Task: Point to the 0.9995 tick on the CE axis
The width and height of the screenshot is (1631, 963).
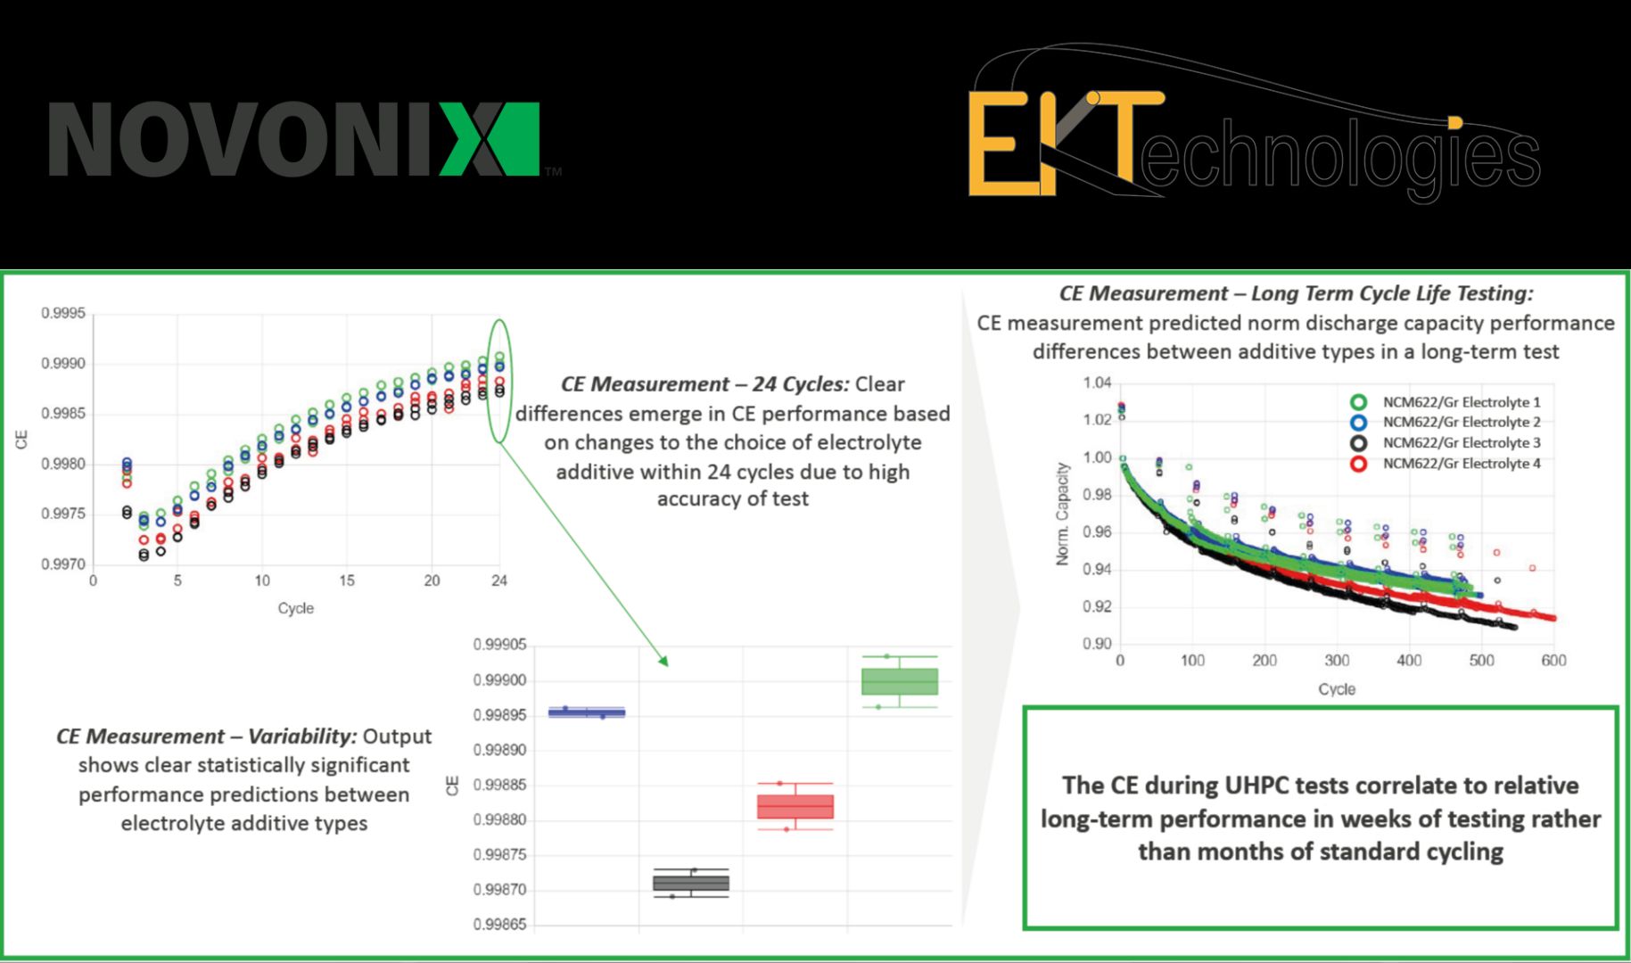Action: coord(63,314)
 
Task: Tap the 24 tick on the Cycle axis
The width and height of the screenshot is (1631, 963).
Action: coord(498,580)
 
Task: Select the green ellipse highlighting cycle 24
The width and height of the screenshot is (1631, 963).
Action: coord(499,381)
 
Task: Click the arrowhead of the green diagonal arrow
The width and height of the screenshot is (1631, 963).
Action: coord(664,662)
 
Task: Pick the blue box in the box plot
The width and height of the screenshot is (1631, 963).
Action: coord(586,712)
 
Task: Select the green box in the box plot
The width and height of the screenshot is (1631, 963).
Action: coord(900,682)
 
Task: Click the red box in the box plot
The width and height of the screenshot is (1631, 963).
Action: coord(795,807)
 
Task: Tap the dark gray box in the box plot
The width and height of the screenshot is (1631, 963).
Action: coord(691,883)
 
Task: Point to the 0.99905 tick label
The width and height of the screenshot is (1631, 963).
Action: coord(499,645)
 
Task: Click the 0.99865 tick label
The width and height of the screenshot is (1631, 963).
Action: coord(499,925)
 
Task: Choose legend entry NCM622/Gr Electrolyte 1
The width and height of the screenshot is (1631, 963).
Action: coord(1461,402)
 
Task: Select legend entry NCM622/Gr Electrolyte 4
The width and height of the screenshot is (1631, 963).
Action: coord(1461,464)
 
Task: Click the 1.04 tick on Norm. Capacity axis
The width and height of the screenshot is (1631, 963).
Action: coord(1097,383)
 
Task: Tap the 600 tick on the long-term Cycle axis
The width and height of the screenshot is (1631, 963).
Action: coord(1553,661)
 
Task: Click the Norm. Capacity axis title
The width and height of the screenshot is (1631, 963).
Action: coord(1062,514)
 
